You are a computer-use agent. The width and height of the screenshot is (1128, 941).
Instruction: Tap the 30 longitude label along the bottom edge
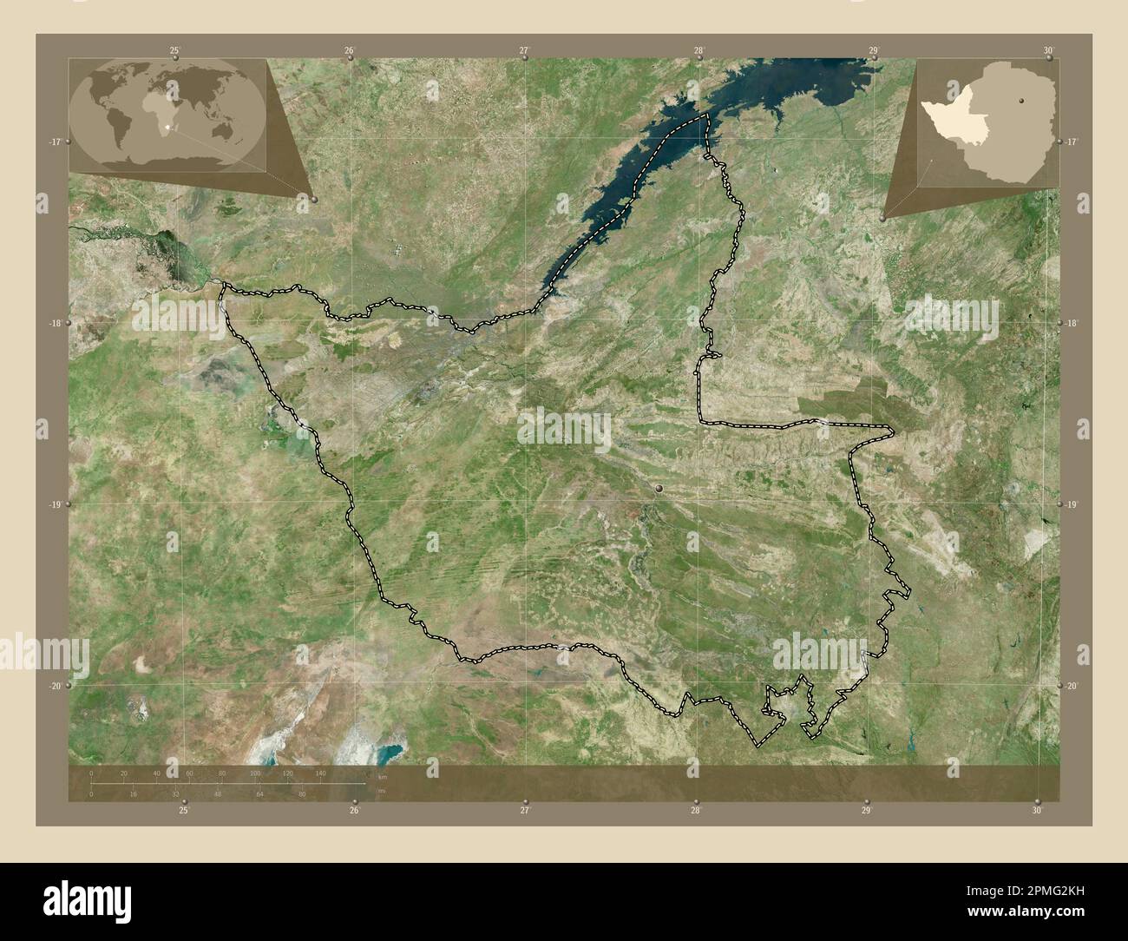coord(1037,811)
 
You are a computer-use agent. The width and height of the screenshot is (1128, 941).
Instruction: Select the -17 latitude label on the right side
coord(1072,141)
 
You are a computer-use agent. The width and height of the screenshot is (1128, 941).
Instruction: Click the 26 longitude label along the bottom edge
coord(354,811)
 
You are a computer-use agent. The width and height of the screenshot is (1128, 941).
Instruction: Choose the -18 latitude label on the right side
coord(1072,323)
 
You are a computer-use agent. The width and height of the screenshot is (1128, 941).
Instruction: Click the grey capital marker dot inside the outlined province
coord(659,490)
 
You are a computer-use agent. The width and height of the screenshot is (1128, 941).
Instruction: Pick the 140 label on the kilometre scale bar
coord(320,773)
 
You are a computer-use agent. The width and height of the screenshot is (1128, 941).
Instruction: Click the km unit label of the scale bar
coord(382,777)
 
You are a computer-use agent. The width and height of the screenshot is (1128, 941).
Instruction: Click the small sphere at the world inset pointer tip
coord(313,200)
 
